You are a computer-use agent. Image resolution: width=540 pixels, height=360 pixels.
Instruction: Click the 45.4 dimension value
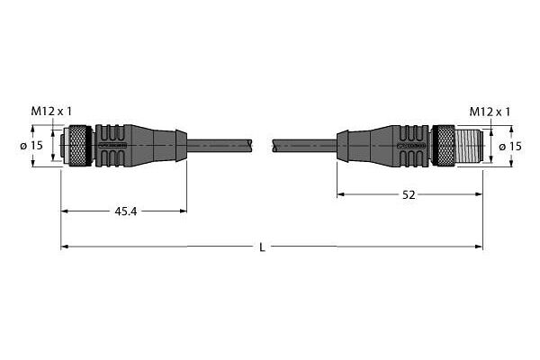coord(126,211)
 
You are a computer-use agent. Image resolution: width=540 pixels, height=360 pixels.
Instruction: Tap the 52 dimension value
coord(409,195)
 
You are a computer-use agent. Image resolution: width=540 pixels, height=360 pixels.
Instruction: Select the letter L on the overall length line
coord(262,247)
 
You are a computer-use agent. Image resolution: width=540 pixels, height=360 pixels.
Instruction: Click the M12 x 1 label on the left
coord(51,112)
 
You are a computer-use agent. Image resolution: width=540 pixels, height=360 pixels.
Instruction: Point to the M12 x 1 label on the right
coord(490,112)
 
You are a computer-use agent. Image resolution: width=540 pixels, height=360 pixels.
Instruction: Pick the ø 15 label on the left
coord(31,146)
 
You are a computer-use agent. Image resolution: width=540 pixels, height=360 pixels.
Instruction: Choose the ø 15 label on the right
coord(510,147)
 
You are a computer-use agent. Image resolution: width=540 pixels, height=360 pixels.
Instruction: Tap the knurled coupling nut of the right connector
coord(445,146)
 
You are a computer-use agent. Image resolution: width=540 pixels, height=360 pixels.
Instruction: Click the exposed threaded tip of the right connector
coord(469,146)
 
